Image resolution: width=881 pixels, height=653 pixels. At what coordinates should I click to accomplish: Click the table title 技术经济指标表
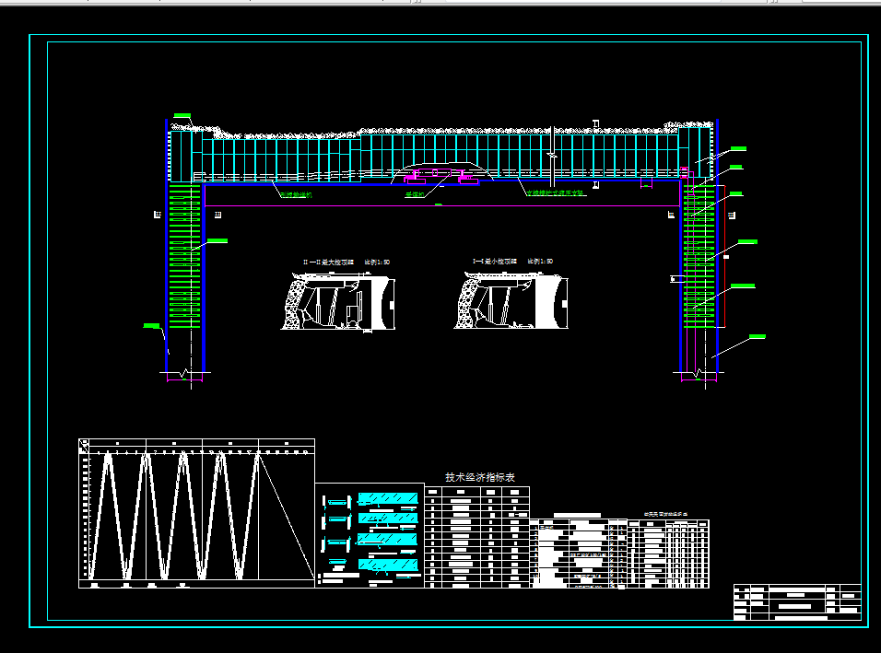click(474, 477)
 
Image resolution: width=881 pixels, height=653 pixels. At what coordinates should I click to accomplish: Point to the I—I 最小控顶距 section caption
click(509, 262)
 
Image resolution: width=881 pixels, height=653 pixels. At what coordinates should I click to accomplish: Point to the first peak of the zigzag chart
click(108, 456)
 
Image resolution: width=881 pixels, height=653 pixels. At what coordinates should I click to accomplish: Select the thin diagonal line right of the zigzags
click(286, 516)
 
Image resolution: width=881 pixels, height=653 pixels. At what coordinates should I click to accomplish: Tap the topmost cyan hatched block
click(387, 499)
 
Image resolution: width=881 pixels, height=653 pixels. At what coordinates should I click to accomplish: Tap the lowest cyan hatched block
click(387, 563)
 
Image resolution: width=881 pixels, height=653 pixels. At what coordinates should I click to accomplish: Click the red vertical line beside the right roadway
click(723, 258)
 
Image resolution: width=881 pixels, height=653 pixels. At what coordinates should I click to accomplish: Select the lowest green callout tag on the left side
click(152, 324)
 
